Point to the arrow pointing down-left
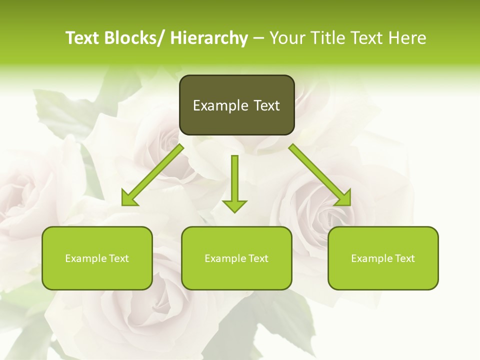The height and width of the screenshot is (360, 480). pyautogui.click(x=153, y=175)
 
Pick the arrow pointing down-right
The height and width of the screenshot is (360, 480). pyautogui.click(x=319, y=175)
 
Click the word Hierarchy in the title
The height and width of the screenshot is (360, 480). pyautogui.click(x=209, y=38)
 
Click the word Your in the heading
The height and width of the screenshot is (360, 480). pyautogui.click(x=285, y=38)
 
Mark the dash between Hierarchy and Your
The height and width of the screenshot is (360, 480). pyautogui.click(x=258, y=38)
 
